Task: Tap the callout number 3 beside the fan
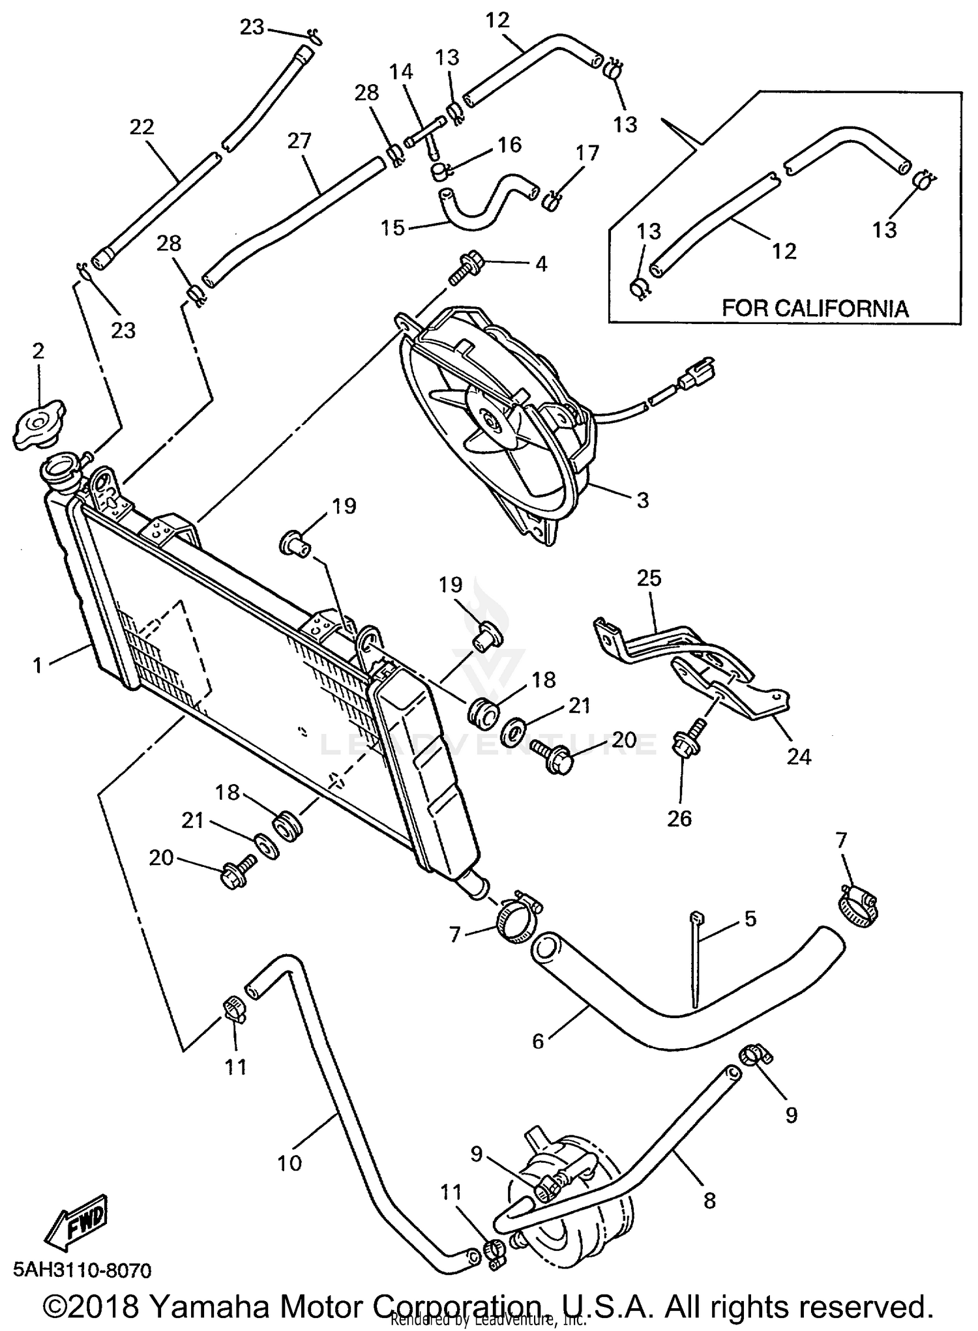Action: click(x=642, y=500)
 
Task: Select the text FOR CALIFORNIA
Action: click(x=814, y=308)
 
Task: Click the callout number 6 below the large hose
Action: click(x=537, y=1041)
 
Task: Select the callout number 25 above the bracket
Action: click(x=649, y=578)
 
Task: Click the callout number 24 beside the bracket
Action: click(x=799, y=756)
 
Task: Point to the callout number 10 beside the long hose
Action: click(x=289, y=1162)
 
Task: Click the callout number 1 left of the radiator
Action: click(x=38, y=665)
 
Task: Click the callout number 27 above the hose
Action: click(x=299, y=140)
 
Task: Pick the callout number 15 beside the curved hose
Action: click(x=393, y=227)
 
